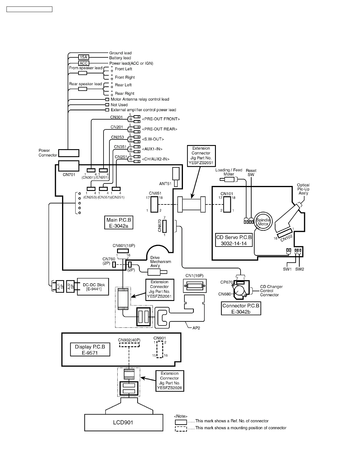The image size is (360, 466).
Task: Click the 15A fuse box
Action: (x=84, y=57)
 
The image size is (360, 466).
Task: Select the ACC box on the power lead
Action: (x=84, y=63)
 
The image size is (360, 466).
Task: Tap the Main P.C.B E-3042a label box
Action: (x=119, y=223)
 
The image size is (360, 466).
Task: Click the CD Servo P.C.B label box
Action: (x=234, y=240)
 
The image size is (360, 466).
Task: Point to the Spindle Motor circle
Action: (x=263, y=222)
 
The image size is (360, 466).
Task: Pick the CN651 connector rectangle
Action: (x=154, y=204)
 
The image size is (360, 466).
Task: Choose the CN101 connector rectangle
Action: (x=227, y=204)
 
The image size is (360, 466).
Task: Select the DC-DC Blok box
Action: (x=93, y=287)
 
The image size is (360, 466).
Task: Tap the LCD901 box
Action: (x=124, y=422)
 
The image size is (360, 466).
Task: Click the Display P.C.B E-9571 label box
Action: (x=90, y=350)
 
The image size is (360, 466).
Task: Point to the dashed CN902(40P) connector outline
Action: (x=129, y=345)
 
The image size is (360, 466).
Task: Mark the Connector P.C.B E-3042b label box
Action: (x=241, y=309)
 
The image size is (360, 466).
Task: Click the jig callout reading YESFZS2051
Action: (x=201, y=156)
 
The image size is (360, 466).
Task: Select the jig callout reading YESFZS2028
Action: (x=170, y=381)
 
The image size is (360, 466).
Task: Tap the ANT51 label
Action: (x=165, y=184)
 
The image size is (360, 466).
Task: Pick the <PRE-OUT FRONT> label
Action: (x=161, y=119)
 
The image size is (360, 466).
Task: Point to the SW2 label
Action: (x=299, y=269)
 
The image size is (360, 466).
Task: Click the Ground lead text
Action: (x=120, y=53)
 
